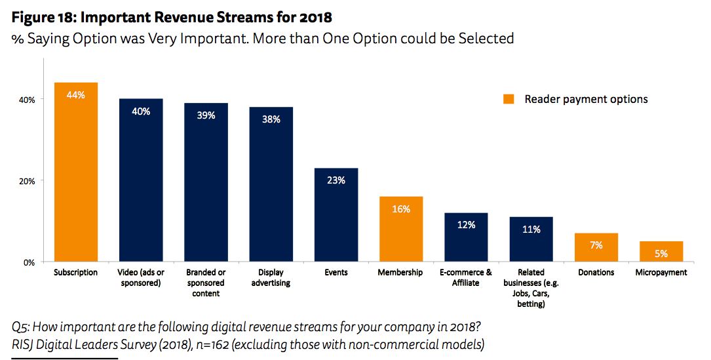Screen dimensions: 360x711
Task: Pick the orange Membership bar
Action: (401, 229)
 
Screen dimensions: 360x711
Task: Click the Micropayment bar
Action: (661, 252)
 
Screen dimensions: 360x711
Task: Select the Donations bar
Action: (596, 247)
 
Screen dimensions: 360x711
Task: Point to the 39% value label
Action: (206, 115)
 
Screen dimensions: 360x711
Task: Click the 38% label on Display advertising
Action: (271, 119)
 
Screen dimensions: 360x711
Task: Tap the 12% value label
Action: (466, 225)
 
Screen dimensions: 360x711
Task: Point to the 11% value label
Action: (531, 230)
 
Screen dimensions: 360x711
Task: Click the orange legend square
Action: (508, 100)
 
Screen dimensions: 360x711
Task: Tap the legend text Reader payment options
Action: (586, 100)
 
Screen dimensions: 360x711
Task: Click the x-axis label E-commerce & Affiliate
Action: (466, 277)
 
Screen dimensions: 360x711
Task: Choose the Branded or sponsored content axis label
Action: (206, 283)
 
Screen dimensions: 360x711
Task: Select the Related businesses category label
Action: (531, 288)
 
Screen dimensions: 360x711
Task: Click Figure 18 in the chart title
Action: (43, 17)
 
